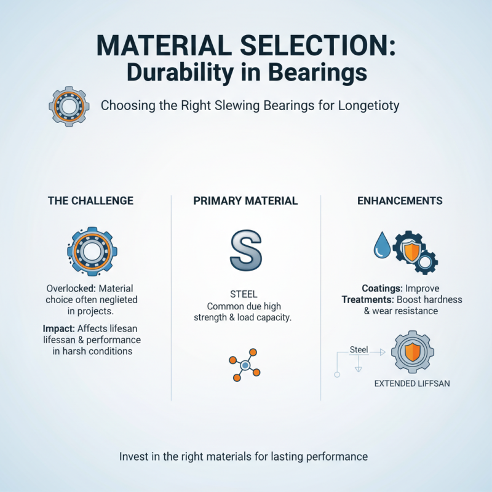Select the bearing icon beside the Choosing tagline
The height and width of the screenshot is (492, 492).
tap(65, 106)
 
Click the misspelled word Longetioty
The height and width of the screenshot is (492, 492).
tap(368, 105)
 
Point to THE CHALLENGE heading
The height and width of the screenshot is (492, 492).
tap(90, 200)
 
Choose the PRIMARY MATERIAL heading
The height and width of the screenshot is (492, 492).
tap(245, 200)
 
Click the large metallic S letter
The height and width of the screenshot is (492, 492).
tap(245, 248)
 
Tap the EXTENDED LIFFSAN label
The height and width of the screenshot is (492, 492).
tap(408, 384)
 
